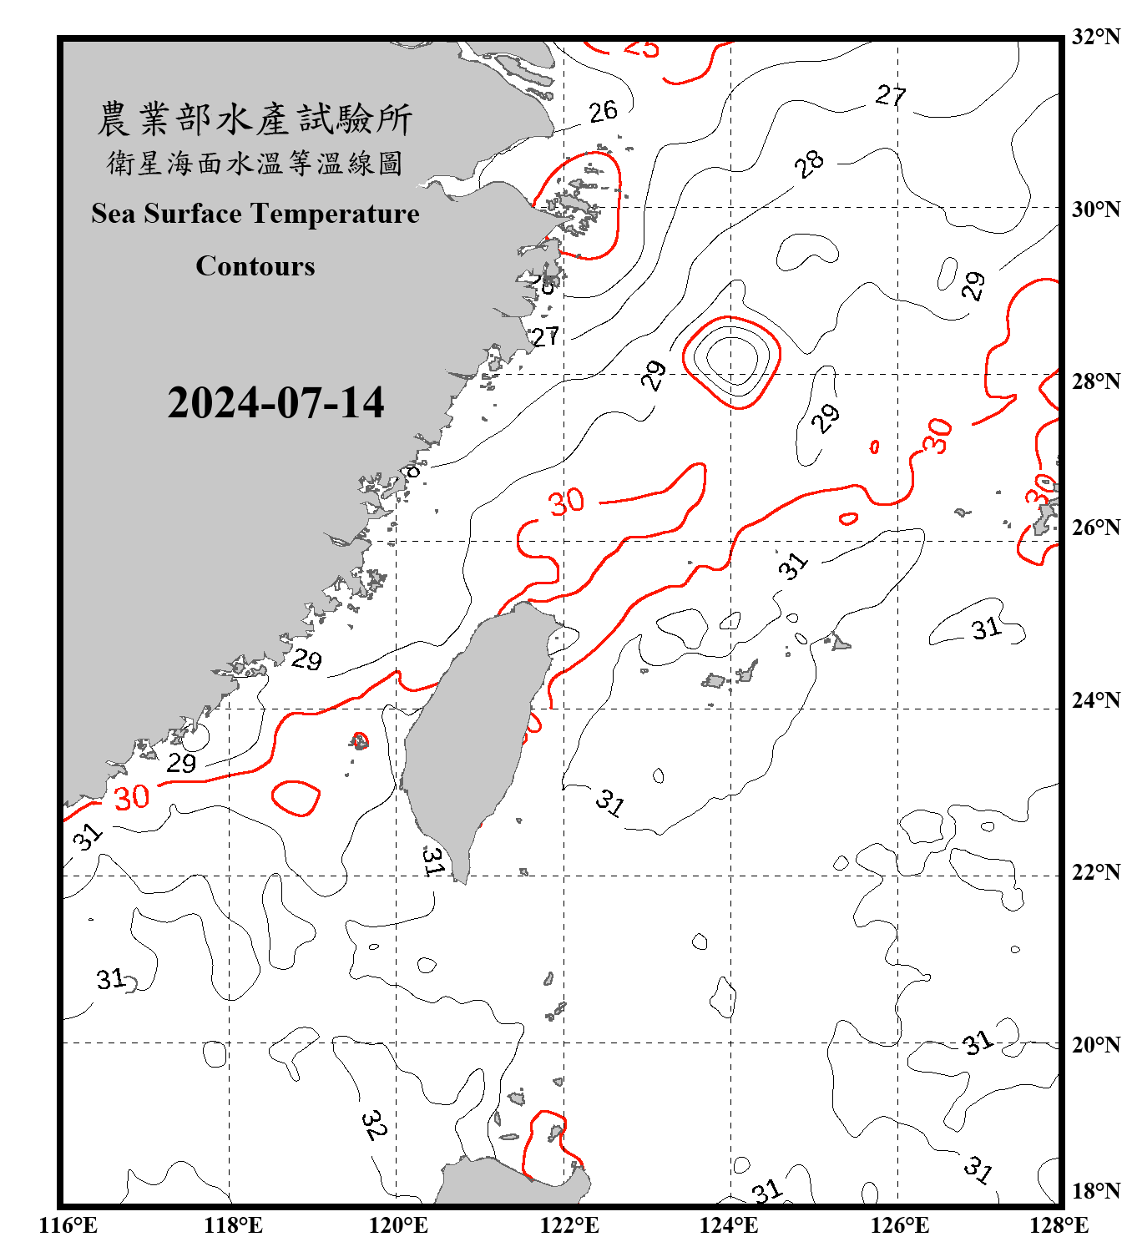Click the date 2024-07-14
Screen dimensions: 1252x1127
[275, 403]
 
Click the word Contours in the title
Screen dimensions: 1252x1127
[255, 266]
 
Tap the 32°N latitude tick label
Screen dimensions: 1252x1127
[1096, 37]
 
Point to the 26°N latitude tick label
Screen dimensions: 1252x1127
[1096, 528]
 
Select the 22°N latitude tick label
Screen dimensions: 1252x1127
[1096, 872]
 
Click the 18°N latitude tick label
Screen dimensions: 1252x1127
[1096, 1191]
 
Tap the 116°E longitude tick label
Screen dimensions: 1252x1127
[68, 1225]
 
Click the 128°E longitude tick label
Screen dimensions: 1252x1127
[1059, 1225]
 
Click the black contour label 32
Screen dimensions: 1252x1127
[374, 1124]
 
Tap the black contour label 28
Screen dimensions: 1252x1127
[808, 164]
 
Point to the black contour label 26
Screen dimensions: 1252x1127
[603, 112]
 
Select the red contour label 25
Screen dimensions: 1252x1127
[641, 48]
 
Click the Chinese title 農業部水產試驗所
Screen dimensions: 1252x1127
[255, 119]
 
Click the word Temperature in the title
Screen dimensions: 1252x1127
[350, 214]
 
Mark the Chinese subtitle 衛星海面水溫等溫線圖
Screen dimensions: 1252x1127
[255, 163]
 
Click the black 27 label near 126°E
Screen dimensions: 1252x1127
[891, 96]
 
